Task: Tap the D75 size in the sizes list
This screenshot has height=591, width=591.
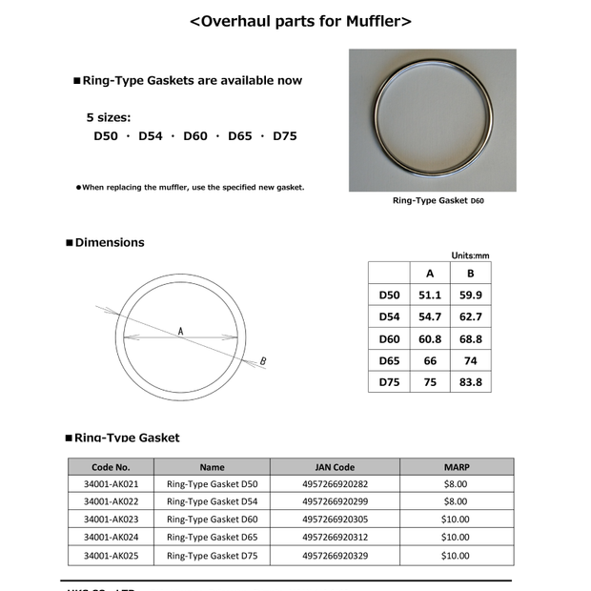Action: click(285, 136)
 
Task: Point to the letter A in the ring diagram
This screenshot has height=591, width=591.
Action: click(179, 330)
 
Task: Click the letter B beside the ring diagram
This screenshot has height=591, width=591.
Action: click(263, 361)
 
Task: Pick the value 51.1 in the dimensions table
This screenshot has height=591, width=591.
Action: click(429, 295)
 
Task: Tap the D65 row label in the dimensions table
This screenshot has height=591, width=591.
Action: click(389, 361)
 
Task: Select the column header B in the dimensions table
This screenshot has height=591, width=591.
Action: click(470, 275)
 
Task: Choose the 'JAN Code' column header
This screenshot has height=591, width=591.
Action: click(335, 467)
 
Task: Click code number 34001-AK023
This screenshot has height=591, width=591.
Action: click(111, 520)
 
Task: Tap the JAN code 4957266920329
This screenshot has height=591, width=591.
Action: click(335, 555)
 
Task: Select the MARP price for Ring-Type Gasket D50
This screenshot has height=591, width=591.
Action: click(456, 484)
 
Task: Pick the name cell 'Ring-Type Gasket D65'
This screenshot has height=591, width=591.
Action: click(212, 537)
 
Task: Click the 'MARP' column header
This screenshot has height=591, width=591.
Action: click(457, 467)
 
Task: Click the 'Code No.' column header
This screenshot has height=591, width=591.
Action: click(111, 467)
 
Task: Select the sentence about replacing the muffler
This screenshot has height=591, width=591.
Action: click(193, 187)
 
